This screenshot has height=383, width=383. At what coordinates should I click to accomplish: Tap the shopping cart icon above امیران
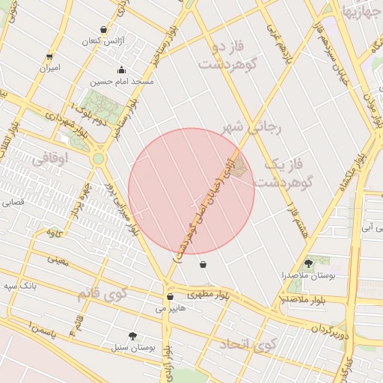49,56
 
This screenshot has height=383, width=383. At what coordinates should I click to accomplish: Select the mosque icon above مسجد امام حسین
121,70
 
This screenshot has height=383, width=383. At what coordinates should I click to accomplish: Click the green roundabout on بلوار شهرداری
98,159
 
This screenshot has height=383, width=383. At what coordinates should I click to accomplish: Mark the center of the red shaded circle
191,191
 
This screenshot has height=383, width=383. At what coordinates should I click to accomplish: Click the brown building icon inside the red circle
237,171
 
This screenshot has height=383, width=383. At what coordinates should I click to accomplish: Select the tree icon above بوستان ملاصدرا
308,263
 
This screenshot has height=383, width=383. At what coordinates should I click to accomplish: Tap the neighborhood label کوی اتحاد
248,346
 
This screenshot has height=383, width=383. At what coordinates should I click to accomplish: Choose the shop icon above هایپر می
170,297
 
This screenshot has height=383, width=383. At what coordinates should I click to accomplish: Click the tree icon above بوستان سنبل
133,336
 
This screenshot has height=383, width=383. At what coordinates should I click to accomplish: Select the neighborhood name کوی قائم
102,292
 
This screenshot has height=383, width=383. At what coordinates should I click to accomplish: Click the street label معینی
57,260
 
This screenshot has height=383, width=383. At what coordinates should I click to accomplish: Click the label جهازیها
361,10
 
